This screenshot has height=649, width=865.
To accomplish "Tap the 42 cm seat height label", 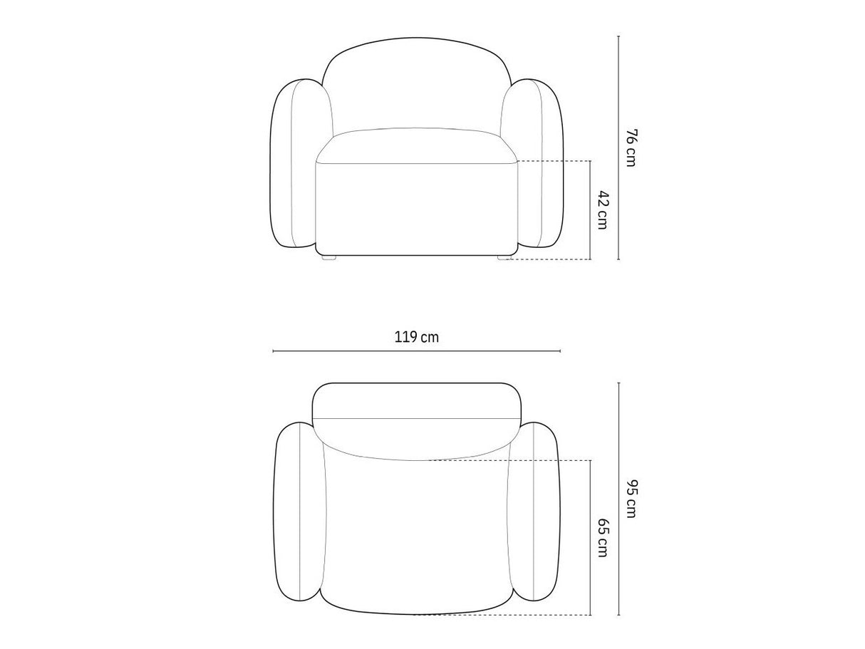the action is click(603, 210).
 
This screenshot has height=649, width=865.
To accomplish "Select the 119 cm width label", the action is click(416, 337).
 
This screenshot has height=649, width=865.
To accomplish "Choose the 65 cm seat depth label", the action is click(603, 537).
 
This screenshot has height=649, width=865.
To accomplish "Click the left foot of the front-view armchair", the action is click(328, 257).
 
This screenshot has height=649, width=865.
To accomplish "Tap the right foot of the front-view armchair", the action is click(504, 257).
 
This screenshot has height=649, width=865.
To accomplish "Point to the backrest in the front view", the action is click(417, 83).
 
